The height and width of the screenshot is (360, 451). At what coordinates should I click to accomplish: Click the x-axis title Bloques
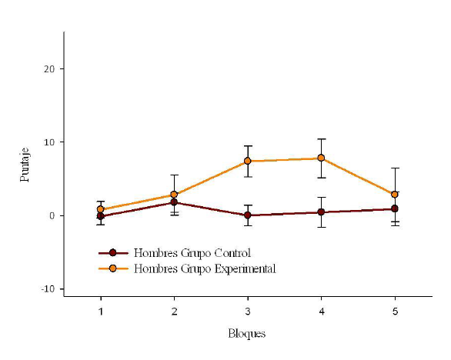point(247,334)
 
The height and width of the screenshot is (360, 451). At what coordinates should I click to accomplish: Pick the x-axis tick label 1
point(101,312)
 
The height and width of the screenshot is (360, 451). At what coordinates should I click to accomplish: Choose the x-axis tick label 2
point(174,312)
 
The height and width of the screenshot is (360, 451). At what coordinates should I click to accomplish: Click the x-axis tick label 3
point(248,312)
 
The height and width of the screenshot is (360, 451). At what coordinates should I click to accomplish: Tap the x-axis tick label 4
point(321,312)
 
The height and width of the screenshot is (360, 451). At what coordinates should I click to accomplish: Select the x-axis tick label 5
point(395,312)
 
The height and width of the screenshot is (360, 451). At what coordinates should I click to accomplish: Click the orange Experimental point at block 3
point(248,161)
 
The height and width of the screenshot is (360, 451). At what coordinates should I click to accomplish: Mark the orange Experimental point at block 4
point(321,158)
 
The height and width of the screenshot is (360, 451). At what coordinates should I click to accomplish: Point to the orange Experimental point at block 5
point(395,195)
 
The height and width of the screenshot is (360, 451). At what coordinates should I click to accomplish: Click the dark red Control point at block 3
point(248,215)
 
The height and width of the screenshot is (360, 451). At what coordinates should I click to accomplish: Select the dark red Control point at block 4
point(321,212)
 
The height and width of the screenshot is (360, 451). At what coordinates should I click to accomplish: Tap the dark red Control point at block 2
point(174,202)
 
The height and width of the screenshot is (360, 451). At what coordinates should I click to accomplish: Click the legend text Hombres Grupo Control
point(192,252)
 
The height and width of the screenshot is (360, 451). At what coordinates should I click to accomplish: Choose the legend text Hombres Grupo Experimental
point(205,268)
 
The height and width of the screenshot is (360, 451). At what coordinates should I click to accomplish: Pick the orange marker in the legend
point(113,268)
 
